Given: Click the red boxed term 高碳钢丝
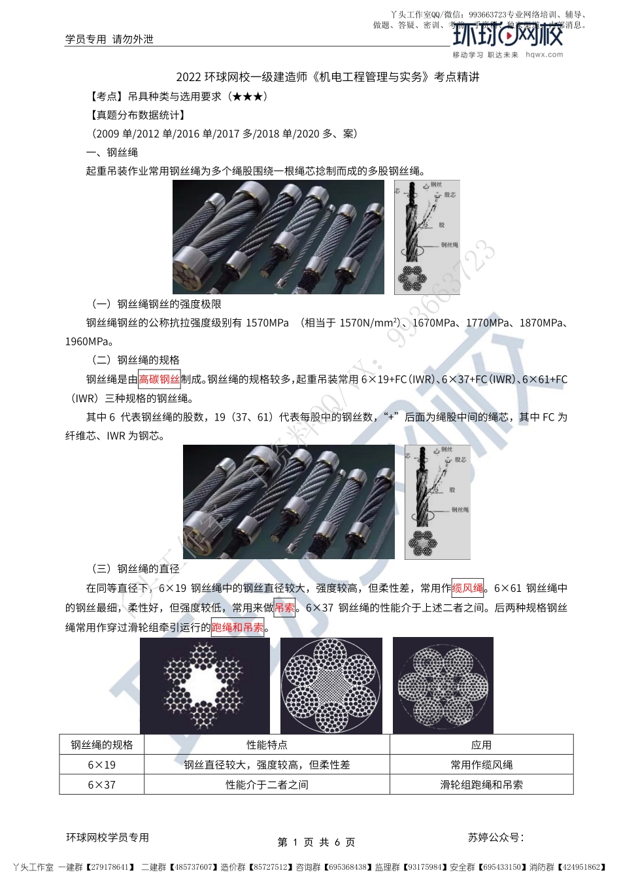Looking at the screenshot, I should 159,379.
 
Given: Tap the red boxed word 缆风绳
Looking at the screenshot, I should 468,588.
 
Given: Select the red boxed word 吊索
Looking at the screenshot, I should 284,608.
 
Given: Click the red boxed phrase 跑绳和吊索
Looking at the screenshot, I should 237,628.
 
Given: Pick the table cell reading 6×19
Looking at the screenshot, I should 101,765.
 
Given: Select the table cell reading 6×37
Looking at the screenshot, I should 101,785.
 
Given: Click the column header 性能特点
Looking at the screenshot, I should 267,745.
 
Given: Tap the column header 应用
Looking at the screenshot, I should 481,745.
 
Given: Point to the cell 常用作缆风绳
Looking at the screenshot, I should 481,765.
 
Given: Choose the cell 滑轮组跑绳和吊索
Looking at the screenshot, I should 481,785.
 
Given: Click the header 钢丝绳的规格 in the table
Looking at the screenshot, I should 101,745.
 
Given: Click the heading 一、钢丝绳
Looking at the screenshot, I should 112,152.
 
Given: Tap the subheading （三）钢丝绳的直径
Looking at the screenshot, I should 135,569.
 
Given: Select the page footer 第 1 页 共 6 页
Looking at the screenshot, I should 316,842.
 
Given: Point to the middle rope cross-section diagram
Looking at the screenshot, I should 331,685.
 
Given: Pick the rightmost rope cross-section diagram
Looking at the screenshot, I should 443,685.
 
